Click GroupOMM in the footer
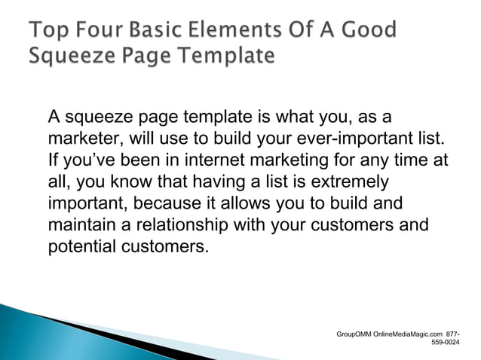(354, 332)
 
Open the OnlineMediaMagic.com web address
(408, 332)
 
